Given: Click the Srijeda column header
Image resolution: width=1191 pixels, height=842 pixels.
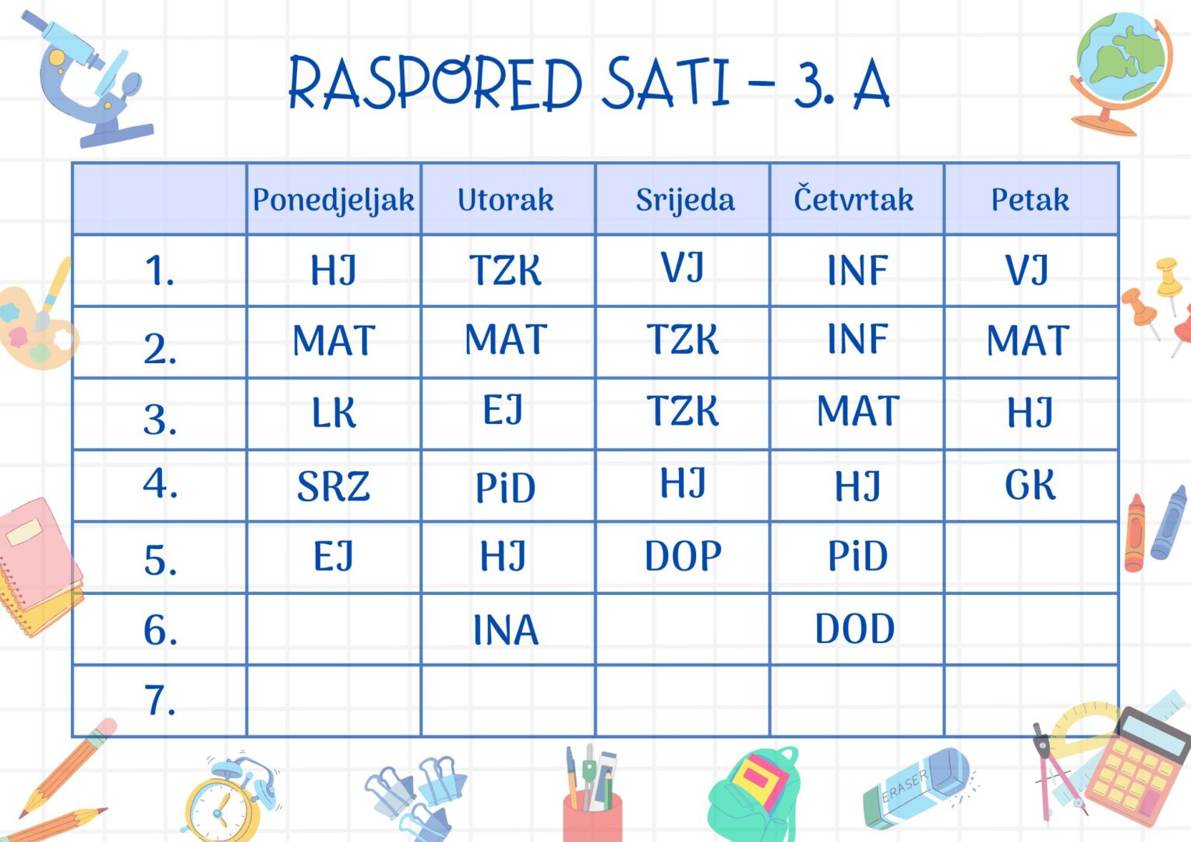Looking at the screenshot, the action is click(x=685, y=201).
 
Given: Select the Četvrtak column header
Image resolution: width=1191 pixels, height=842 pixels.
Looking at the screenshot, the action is click(x=853, y=198).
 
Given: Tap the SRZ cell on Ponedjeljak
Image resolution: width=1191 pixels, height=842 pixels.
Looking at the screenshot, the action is click(x=334, y=486).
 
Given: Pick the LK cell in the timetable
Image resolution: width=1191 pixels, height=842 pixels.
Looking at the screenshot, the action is click(x=334, y=412).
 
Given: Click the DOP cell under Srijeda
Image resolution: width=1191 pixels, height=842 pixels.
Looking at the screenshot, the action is click(x=684, y=556).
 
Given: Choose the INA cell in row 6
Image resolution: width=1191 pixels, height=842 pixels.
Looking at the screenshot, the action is click(x=506, y=630).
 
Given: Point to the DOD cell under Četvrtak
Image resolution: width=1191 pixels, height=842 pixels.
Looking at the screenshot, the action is click(x=855, y=628).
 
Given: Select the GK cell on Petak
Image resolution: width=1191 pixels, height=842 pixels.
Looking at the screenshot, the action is click(x=1030, y=485).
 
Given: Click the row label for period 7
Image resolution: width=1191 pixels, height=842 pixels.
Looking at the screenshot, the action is click(x=160, y=700).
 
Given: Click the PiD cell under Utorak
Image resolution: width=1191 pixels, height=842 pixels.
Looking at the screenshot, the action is click(x=505, y=487).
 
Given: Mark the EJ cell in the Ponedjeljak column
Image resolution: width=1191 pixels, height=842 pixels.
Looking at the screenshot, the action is click(x=334, y=556).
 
